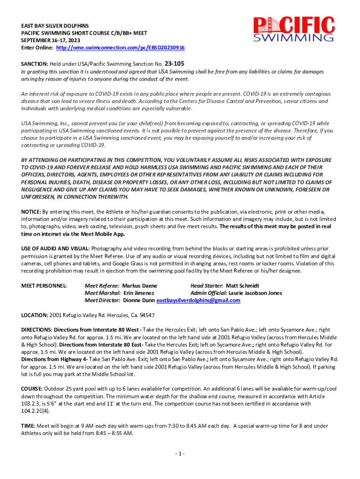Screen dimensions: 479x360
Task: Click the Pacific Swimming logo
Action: point(294,30)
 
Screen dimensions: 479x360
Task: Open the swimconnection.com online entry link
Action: point(120,48)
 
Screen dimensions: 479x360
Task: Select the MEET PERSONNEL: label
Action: point(44,286)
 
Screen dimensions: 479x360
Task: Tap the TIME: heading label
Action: point(28,426)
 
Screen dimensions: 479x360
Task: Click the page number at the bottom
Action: point(180,454)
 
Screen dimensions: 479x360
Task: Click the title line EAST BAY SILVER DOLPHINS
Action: point(55,25)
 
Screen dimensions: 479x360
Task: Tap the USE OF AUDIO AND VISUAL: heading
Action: point(56,249)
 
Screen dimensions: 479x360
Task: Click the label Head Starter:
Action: point(207,286)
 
